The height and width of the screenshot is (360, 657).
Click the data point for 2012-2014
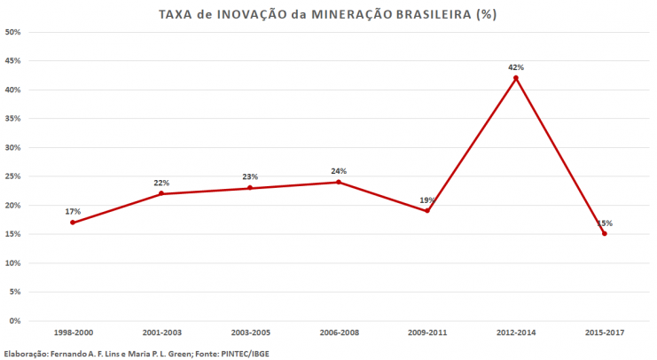coord(515,78)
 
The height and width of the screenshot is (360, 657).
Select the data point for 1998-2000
coord(73,222)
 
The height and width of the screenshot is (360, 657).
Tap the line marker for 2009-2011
coord(426,210)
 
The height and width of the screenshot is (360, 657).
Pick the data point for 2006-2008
coord(338,182)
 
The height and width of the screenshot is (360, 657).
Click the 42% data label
coord(515,67)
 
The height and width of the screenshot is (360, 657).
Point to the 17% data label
coord(73,211)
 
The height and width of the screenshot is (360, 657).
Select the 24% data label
coord(338,171)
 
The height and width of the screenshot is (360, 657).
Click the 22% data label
coord(161,183)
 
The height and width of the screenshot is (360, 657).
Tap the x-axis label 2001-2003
coord(161,332)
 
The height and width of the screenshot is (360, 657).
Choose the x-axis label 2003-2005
coord(250,332)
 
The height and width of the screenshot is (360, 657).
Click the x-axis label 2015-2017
coord(604,332)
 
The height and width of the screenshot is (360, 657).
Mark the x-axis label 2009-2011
coord(426,332)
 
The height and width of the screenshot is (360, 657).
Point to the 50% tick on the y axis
coord(13,32)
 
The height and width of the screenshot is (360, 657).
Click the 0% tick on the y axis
coord(15,321)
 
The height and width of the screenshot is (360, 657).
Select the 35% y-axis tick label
coord(13,119)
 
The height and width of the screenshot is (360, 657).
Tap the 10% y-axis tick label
coord(13,263)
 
